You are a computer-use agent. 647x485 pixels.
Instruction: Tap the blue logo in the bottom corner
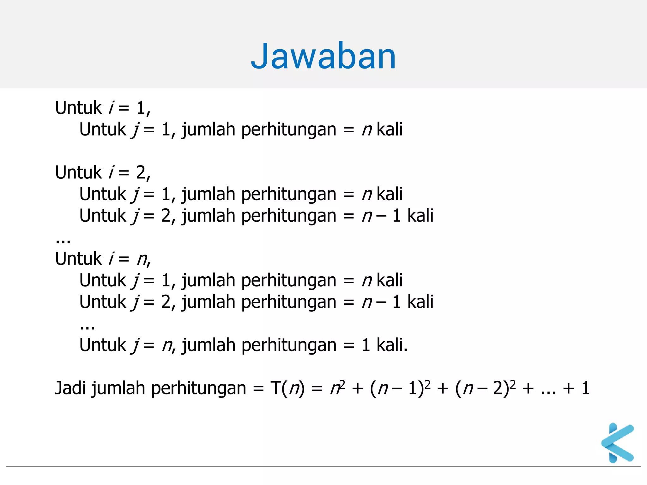618,443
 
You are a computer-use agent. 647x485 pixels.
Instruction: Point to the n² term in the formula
337,388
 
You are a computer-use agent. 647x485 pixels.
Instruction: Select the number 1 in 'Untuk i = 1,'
141,108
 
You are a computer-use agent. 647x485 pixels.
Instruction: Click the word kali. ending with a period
392,345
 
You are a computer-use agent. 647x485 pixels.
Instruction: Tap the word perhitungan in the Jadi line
198,389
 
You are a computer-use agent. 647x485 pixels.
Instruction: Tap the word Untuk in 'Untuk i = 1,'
78,108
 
